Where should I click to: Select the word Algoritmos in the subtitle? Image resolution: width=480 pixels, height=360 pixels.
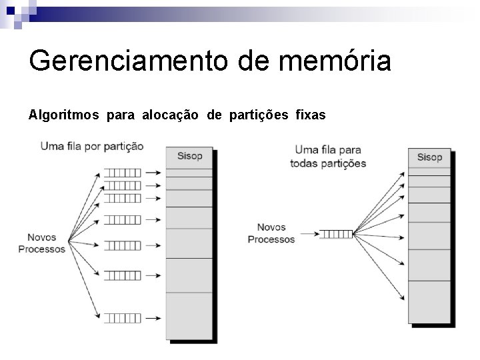(63, 115)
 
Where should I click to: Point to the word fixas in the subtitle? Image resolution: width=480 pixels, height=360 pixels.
(310, 115)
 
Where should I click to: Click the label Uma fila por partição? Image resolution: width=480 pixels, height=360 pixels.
(91, 146)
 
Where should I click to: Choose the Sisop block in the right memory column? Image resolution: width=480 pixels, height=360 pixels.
(429, 158)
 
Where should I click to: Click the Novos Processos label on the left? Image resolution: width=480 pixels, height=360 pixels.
(42, 243)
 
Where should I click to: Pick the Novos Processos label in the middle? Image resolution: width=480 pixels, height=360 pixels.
(271, 233)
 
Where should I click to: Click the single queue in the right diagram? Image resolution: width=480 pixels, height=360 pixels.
(336, 234)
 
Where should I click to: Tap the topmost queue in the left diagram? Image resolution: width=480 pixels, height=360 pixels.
(123, 172)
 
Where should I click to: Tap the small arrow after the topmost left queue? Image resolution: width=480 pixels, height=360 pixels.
(153, 172)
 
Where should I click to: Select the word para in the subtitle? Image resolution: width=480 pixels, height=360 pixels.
(120, 115)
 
